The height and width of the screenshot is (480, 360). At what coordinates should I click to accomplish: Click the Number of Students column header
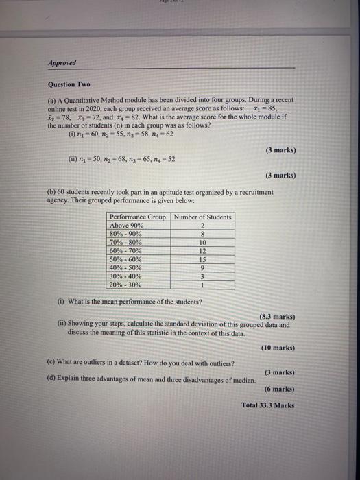[x=202, y=217]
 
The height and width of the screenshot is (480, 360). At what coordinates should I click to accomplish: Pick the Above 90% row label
[x=126, y=226]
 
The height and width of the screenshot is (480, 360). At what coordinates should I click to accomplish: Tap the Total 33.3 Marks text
[x=268, y=405]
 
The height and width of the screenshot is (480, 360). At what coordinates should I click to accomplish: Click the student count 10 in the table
[x=202, y=242]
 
